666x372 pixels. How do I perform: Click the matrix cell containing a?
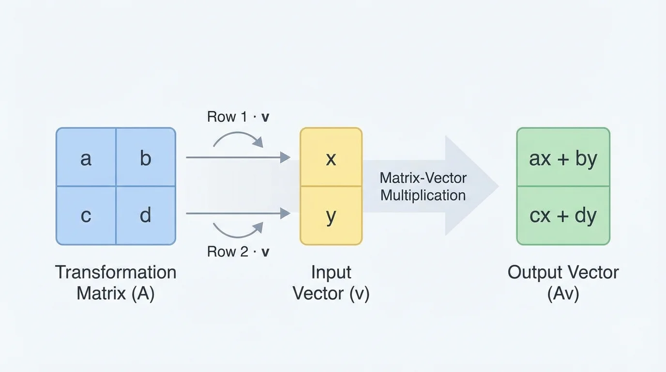86,157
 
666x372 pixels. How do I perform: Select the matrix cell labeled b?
145,157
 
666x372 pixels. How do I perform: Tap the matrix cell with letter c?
86,215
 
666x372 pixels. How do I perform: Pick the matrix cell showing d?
145,215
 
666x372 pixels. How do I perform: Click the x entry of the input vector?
331,157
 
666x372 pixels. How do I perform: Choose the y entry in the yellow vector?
331,216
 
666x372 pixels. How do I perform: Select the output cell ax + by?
563,158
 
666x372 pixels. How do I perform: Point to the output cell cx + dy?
563,216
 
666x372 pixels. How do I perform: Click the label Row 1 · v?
238,117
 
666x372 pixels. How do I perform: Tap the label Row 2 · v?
238,251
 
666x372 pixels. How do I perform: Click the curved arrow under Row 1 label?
238,139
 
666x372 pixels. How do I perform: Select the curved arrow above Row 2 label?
238,231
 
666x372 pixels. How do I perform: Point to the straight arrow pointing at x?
238,157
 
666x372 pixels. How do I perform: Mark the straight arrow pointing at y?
238,213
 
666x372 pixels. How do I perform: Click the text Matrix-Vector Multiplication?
423,186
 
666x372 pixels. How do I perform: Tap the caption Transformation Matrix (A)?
115,282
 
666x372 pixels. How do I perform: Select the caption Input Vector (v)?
331,282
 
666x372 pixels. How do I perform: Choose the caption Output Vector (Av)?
563,282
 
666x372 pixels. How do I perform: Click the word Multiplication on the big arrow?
423,195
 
